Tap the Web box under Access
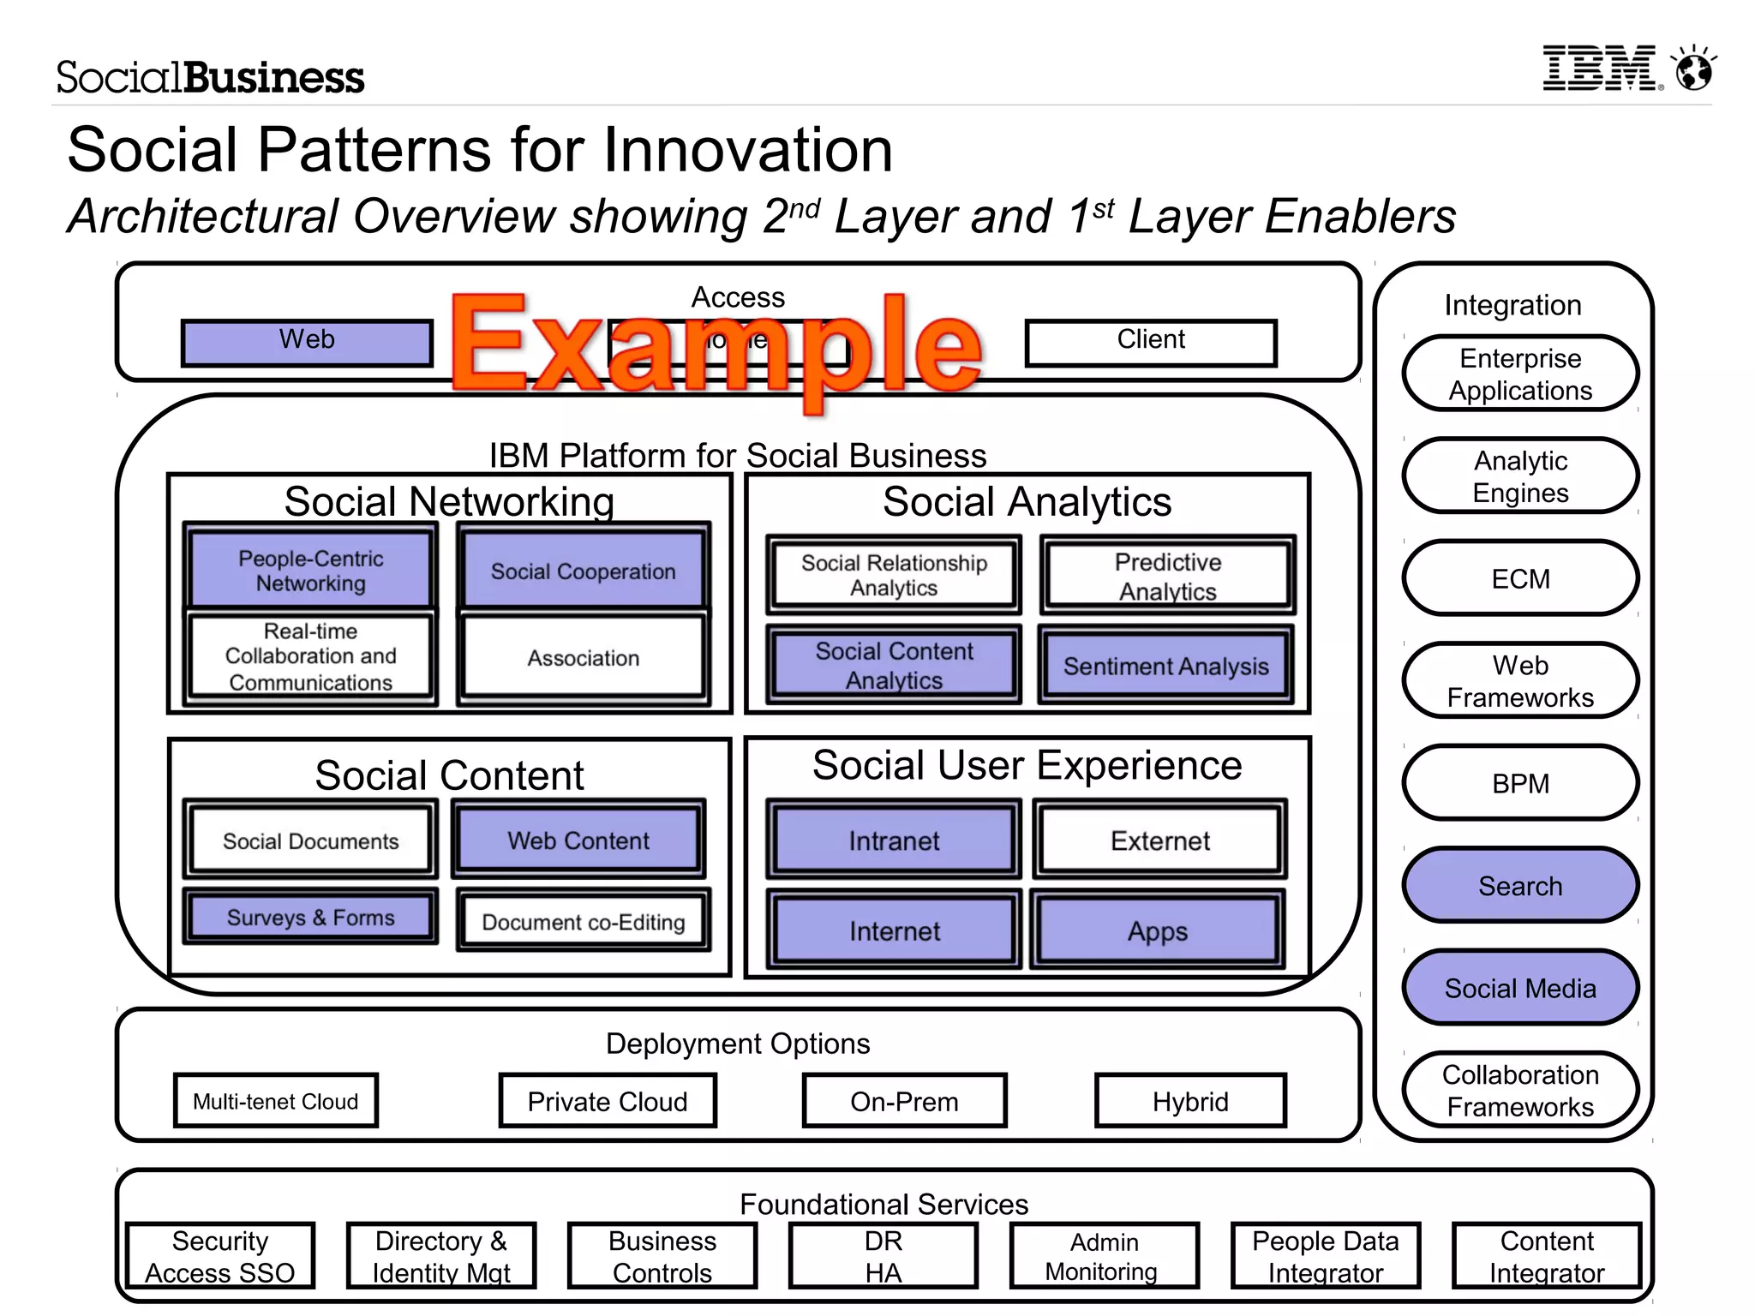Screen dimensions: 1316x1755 tap(307, 343)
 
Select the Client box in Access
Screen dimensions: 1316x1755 tap(1151, 343)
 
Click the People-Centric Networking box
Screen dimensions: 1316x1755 tap(310, 570)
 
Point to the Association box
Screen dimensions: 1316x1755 tap(583, 658)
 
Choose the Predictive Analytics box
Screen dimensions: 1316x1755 tap(1167, 576)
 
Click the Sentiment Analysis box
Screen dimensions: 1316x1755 tap(1165, 666)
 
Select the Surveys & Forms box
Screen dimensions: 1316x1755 tap(310, 917)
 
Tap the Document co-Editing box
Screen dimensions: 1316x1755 tap(583, 922)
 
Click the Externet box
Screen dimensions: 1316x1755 tap(1159, 840)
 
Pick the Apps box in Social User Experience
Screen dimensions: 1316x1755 tap(1157, 930)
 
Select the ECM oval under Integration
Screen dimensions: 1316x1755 tap(1520, 578)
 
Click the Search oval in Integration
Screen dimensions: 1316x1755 tap(1520, 885)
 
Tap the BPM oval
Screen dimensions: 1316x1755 tap(1520, 783)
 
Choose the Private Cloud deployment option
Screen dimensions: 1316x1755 tap(608, 1101)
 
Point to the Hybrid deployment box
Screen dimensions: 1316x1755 tap(1190, 1101)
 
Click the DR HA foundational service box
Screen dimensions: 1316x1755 tap(883, 1256)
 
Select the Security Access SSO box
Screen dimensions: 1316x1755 tap(220, 1256)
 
